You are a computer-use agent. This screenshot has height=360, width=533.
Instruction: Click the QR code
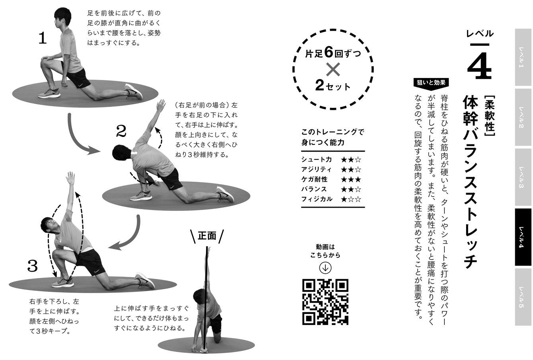(x=325, y=302)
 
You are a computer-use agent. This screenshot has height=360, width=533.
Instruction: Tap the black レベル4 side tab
(x=523, y=237)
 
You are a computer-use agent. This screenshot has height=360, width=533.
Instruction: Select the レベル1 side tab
(x=523, y=57)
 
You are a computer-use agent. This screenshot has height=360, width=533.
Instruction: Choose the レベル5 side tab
(x=523, y=297)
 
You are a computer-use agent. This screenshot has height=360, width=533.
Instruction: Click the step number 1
(x=43, y=38)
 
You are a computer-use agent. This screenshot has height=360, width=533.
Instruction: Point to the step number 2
(x=121, y=131)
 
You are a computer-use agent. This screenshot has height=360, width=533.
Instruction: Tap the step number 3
(x=33, y=266)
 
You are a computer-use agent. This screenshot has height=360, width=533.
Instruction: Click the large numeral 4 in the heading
(x=479, y=65)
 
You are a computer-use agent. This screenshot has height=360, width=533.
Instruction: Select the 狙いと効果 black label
(x=431, y=83)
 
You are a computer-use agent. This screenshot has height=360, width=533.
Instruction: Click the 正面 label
(x=207, y=236)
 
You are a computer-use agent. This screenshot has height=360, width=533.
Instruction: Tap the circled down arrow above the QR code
(x=325, y=268)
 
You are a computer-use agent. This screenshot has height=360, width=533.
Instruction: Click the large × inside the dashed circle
(x=333, y=69)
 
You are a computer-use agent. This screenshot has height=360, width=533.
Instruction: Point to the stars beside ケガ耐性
(x=351, y=180)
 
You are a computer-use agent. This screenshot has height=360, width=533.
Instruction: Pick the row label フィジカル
(x=317, y=199)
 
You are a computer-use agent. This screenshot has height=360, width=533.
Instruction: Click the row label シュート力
(x=317, y=160)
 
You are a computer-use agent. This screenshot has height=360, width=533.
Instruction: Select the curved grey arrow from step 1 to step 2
(x=76, y=140)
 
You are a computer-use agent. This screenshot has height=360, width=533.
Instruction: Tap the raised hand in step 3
(x=70, y=178)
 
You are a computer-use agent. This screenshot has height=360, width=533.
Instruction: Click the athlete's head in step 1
(x=62, y=17)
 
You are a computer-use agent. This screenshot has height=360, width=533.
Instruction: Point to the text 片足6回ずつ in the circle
(x=333, y=53)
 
